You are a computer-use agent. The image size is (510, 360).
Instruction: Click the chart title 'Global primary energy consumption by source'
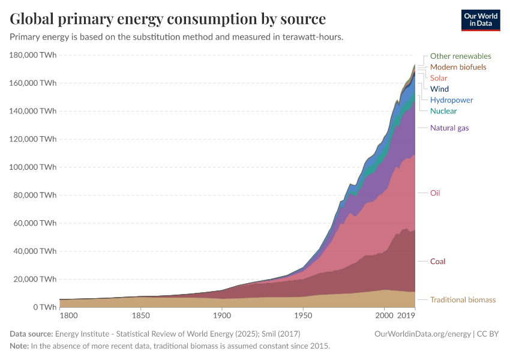tap(168, 19)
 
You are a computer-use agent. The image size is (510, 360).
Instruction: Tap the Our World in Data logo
tap(480, 20)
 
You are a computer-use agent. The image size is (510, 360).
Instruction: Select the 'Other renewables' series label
tap(460, 56)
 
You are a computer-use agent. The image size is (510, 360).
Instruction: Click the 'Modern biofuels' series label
tap(458, 67)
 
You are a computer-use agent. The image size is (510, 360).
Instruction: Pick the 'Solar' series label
tap(439, 78)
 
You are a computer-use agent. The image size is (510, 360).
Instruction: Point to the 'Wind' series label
tap(439, 89)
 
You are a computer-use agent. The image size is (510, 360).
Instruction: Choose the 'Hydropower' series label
tap(451, 100)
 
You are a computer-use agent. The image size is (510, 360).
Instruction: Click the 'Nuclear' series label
tap(443, 111)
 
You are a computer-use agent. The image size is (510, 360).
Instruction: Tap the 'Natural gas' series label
tap(449, 128)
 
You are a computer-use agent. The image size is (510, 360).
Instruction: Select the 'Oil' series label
tap(435, 193)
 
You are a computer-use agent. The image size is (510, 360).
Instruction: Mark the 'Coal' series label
tap(437, 262)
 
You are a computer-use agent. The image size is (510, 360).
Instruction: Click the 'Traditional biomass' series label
tap(463, 299)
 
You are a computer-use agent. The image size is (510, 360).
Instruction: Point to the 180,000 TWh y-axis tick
tap(34, 55)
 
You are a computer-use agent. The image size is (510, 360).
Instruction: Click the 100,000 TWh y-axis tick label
tap(34, 167)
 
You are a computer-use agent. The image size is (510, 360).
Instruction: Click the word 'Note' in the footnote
tap(19, 346)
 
